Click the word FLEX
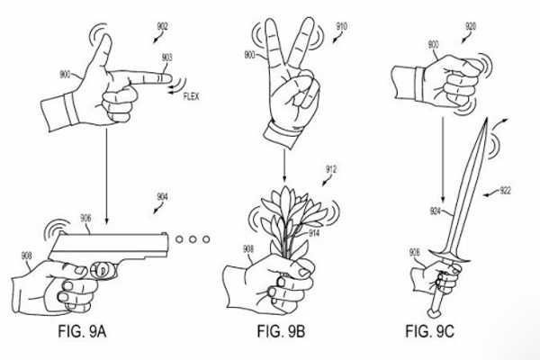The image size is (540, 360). tap(191, 95)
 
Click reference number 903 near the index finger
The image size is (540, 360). tap(167, 57)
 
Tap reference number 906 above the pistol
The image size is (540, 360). tap(85, 217)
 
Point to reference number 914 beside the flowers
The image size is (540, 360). tap(316, 234)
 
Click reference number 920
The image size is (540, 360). tap(470, 26)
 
